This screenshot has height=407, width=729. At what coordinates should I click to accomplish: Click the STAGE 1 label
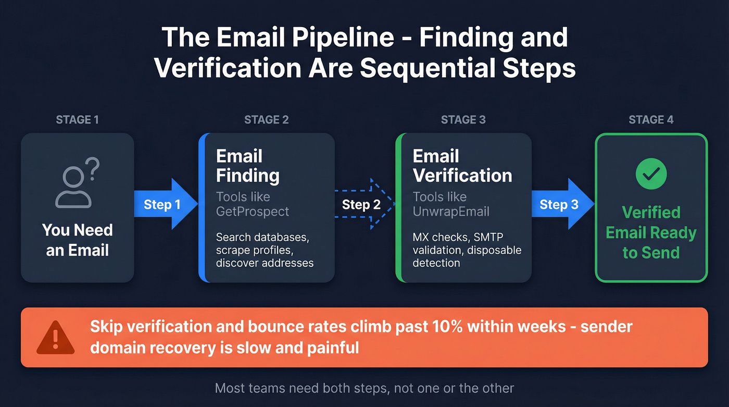click(x=77, y=120)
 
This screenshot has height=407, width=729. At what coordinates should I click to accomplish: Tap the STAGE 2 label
click(x=266, y=120)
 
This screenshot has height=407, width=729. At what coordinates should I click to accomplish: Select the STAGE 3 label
click(x=463, y=120)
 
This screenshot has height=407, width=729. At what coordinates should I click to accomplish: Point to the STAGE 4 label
click(x=651, y=120)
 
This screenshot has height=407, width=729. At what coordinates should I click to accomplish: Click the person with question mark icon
click(x=77, y=183)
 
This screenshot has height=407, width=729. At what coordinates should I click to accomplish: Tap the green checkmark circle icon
click(x=651, y=174)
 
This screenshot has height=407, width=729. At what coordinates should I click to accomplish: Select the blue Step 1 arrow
click(x=165, y=204)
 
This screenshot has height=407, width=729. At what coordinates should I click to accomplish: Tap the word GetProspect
click(x=252, y=212)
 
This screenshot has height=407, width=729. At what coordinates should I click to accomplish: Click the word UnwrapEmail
click(x=451, y=212)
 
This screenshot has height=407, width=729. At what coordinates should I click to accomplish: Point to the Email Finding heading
click(x=247, y=166)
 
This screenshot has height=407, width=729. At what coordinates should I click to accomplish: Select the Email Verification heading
click(x=462, y=166)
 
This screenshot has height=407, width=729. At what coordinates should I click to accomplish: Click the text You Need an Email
click(x=77, y=240)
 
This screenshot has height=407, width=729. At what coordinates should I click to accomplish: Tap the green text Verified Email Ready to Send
click(x=651, y=232)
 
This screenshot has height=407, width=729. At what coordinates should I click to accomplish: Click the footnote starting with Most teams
click(x=364, y=388)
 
